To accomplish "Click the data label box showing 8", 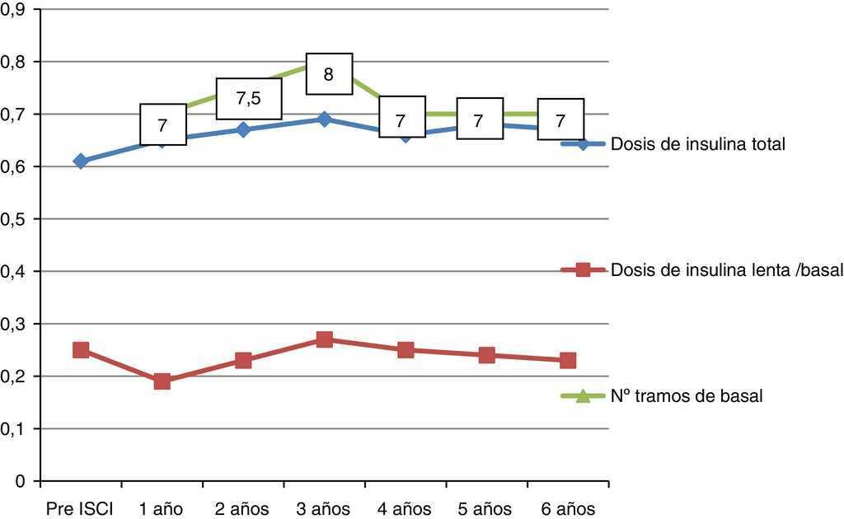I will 329,74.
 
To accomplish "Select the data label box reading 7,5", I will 248,99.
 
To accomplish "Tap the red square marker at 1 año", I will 162,381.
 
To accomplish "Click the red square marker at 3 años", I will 325,339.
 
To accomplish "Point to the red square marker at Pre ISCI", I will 81,350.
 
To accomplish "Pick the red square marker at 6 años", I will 568,360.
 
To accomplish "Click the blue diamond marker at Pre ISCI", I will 81,161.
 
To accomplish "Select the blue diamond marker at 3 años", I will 325,119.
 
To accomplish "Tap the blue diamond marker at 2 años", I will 243,129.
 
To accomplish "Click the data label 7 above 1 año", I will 162,124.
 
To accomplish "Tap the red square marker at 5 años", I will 486,355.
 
